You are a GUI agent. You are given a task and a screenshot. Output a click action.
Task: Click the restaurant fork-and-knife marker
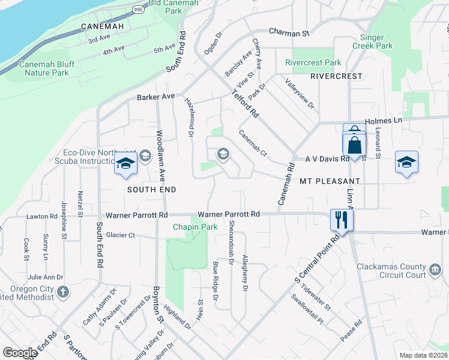[342, 219]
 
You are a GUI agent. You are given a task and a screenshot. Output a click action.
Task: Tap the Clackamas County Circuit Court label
[391, 271]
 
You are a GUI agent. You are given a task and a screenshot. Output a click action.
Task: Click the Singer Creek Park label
[376, 41]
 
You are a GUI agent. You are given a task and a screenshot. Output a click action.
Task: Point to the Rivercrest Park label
[313, 62]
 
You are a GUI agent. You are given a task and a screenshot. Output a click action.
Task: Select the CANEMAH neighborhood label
[103, 27]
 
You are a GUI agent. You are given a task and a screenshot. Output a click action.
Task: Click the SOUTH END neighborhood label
[151, 190]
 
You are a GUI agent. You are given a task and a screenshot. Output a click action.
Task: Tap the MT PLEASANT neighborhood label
[330, 181]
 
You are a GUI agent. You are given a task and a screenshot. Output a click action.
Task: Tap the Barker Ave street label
[155, 96]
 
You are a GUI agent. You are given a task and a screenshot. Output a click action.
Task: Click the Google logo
[20, 353]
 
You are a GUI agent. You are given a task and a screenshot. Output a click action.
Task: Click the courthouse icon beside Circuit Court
[435, 271]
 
